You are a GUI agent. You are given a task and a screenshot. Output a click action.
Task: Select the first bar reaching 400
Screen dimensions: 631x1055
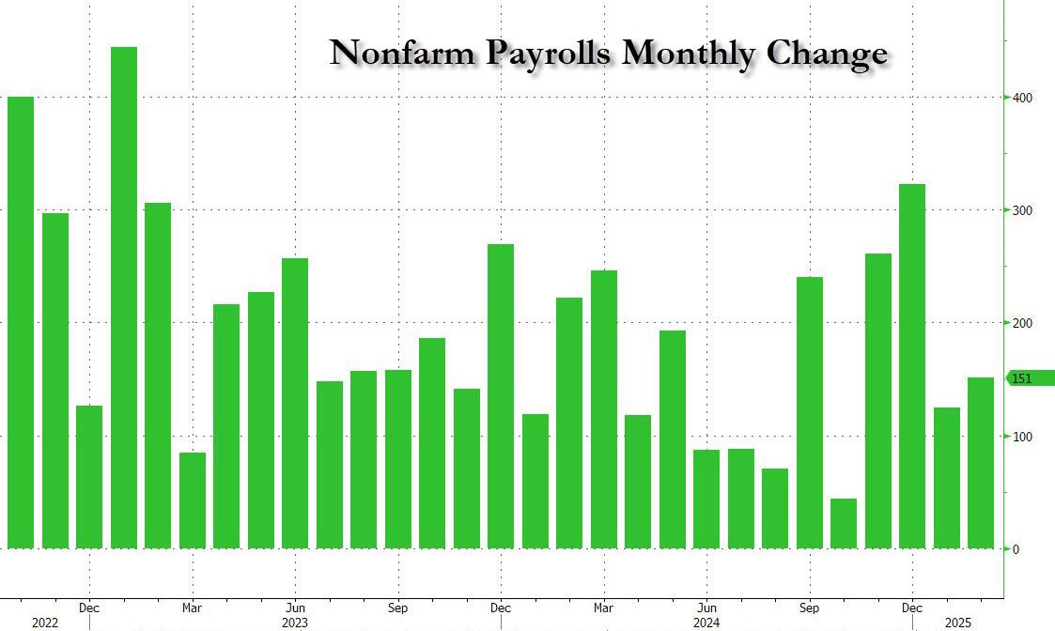click(x=21, y=322)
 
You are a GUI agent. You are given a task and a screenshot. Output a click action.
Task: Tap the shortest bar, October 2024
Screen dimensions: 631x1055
click(x=844, y=524)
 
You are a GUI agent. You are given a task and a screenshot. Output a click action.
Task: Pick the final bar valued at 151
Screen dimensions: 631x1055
click(x=981, y=463)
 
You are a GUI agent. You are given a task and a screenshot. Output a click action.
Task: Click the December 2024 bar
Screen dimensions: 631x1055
click(x=912, y=366)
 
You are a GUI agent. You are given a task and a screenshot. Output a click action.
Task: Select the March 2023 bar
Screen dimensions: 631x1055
click(x=193, y=500)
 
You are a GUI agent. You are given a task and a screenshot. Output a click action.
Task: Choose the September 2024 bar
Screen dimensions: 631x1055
click(x=810, y=413)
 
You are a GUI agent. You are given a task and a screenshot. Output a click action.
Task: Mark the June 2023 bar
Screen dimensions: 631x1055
click(x=295, y=404)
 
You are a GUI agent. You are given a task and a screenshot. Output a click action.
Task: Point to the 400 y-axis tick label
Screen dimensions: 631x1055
click(x=1022, y=98)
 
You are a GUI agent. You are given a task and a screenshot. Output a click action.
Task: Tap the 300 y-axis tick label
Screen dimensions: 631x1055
click(x=1022, y=210)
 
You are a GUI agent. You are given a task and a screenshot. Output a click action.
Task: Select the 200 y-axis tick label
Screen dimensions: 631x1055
click(x=1022, y=323)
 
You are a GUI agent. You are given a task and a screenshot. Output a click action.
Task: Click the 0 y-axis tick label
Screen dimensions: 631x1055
click(x=1016, y=549)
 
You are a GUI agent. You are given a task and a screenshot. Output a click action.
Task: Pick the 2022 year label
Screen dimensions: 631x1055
click(x=44, y=623)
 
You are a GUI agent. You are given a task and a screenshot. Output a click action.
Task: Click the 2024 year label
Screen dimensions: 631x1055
click(x=706, y=623)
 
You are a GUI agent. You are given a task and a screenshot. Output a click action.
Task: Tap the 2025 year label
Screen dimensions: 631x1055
click(x=958, y=623)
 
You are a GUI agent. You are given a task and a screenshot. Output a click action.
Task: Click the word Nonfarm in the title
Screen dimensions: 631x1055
click(x=404, y=54)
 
